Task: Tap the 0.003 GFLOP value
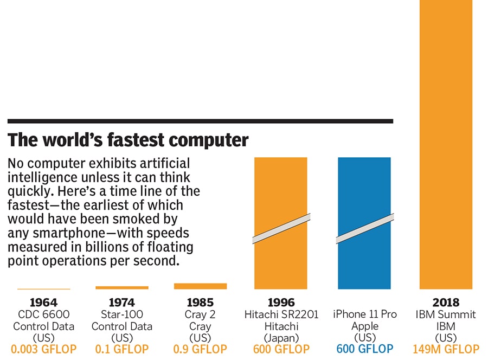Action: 43,350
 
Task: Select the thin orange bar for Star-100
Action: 122,287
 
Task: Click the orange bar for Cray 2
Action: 200,286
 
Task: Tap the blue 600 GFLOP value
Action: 364,350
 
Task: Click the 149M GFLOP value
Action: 446,350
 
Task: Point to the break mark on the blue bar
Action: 364,229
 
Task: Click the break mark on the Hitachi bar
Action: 281,229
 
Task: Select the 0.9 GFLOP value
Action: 201,350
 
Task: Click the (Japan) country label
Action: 281,338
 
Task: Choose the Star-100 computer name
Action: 122,314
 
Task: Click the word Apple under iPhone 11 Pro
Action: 364,326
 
